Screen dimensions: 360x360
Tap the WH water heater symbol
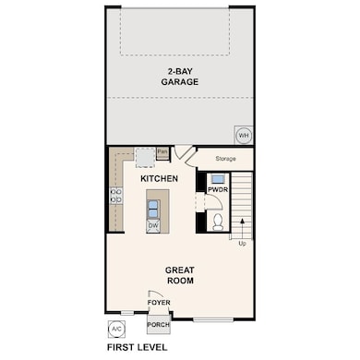(x=244, y=135)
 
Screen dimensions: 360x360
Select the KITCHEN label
(x=159, y=177)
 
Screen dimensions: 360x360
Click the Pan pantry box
(x=162, y=151)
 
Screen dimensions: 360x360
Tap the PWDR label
(x=217, y=190)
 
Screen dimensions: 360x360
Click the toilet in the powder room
(x=218, y=221)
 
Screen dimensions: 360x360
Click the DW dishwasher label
(x=153, y=225)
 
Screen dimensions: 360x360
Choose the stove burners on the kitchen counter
(x=116, y=196)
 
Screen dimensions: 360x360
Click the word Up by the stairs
(x=243, y=244)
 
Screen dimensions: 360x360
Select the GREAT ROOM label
(x=180, y=275)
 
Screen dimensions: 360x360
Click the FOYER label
(x=158, y=302)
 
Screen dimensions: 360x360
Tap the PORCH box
(x=158, y=325)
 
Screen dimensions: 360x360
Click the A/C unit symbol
(x=116, y=329)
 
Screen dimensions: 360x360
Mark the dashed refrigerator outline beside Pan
(x=144, y=155)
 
